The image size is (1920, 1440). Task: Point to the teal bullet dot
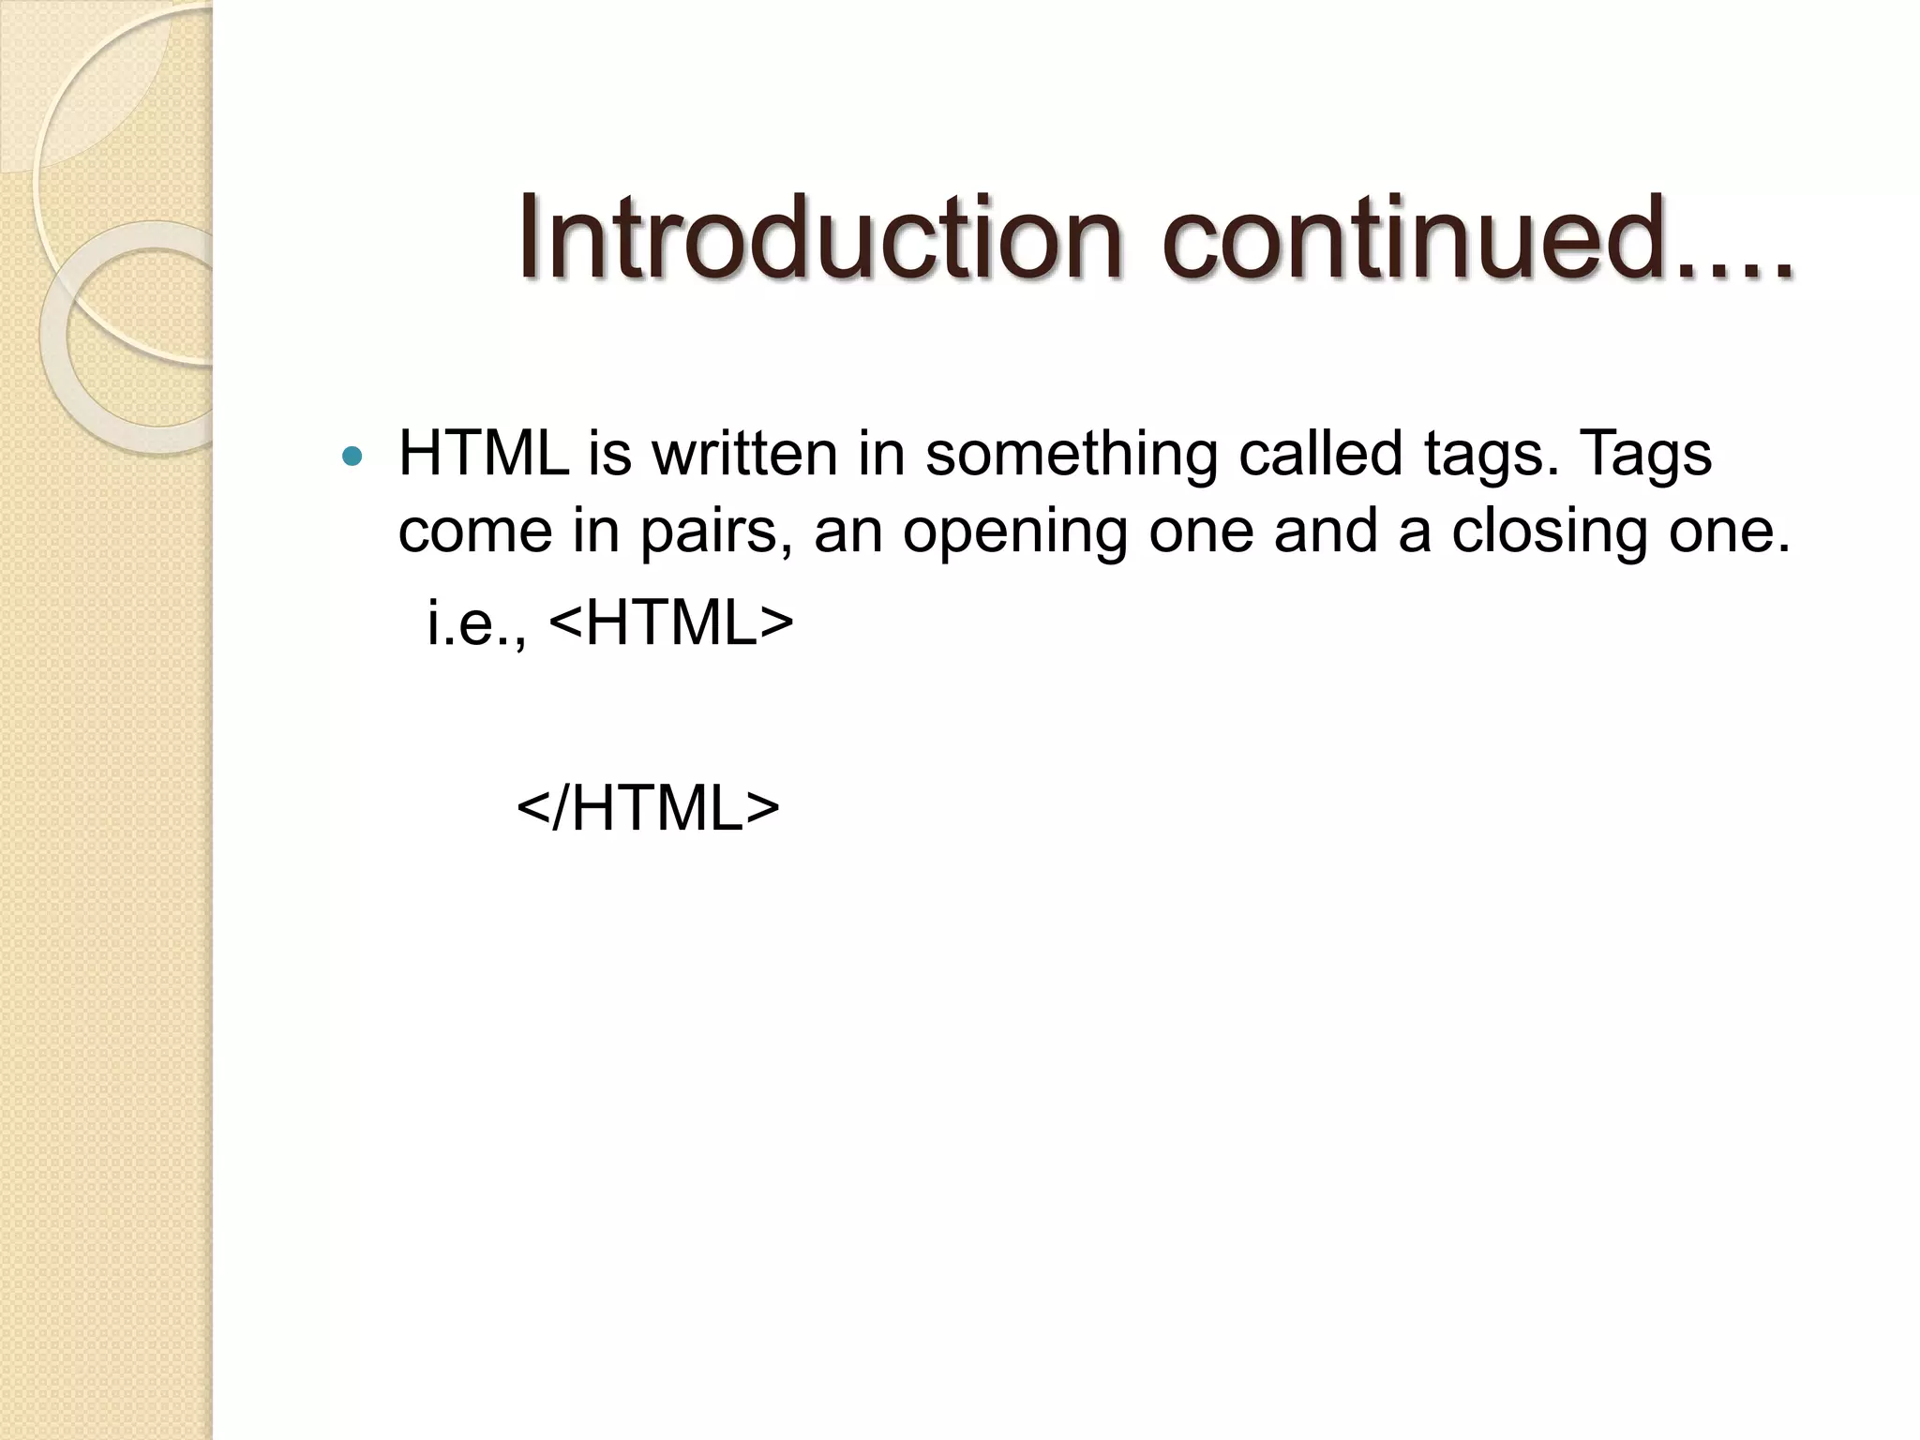tap(352, 457)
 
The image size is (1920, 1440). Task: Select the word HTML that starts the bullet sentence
tap(484, 454)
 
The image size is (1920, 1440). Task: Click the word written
tap(744, 454)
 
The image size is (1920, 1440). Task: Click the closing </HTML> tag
tap(648, 808)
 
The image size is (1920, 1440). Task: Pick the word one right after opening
tap(1201, 532)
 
